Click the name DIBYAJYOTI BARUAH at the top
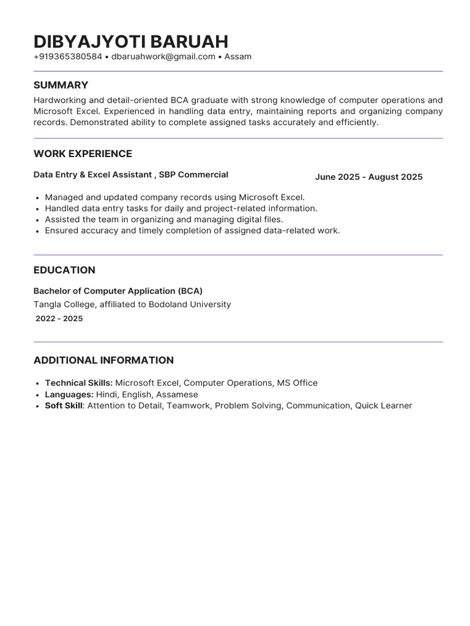click(131, 41)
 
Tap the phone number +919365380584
click(68, 57)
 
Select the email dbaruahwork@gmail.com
click(163, 57)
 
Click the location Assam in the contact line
click(238, 57)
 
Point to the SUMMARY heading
click(61, 85)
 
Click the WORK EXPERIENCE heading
click(83, 153)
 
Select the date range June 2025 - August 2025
click(368, 177)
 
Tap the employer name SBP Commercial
click(193, 175)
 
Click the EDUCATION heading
click(64, 270)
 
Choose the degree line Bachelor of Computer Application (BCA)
click(117, 291)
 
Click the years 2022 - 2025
click(59, 319)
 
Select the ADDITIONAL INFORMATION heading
click(103, 360)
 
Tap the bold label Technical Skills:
click(79, 383)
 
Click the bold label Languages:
click(69, 394)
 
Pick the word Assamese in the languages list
click(177, 394)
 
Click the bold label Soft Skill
click(64, 405)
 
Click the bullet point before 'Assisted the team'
click(38, 219)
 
